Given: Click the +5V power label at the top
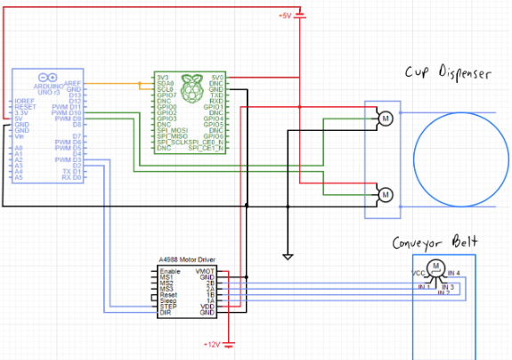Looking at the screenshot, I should (x=285, y=16).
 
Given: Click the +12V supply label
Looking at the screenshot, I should (x=212, y=344).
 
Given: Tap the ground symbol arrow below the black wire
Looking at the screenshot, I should (x=287, y=257).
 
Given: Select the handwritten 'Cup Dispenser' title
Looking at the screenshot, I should (x=448, y=74).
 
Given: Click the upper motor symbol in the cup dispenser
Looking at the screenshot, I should (x=385, y=118).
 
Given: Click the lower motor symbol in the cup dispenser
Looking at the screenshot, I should (x=385, y=193).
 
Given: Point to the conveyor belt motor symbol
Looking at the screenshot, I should (x=435, y=266).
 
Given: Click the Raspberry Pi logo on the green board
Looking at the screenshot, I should (x=189, y=86).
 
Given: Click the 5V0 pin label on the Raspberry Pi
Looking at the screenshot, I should (x=217, y=78).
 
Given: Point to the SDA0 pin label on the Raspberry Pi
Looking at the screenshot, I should (x=165, y=85).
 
